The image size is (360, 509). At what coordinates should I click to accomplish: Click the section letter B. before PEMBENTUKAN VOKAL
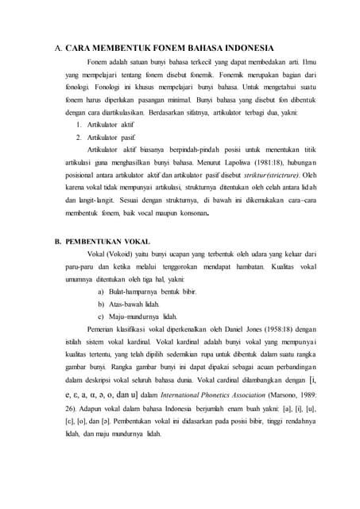(58, 240)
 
